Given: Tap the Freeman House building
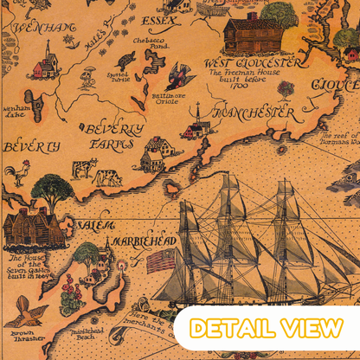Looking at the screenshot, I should tap(252, 34).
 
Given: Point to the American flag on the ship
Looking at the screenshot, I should tap(159, 260).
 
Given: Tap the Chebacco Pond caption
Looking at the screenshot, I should tap(150, 44).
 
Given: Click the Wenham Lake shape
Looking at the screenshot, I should tap(33, 97).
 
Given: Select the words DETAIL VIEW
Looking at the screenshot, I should tap(266, 329).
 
